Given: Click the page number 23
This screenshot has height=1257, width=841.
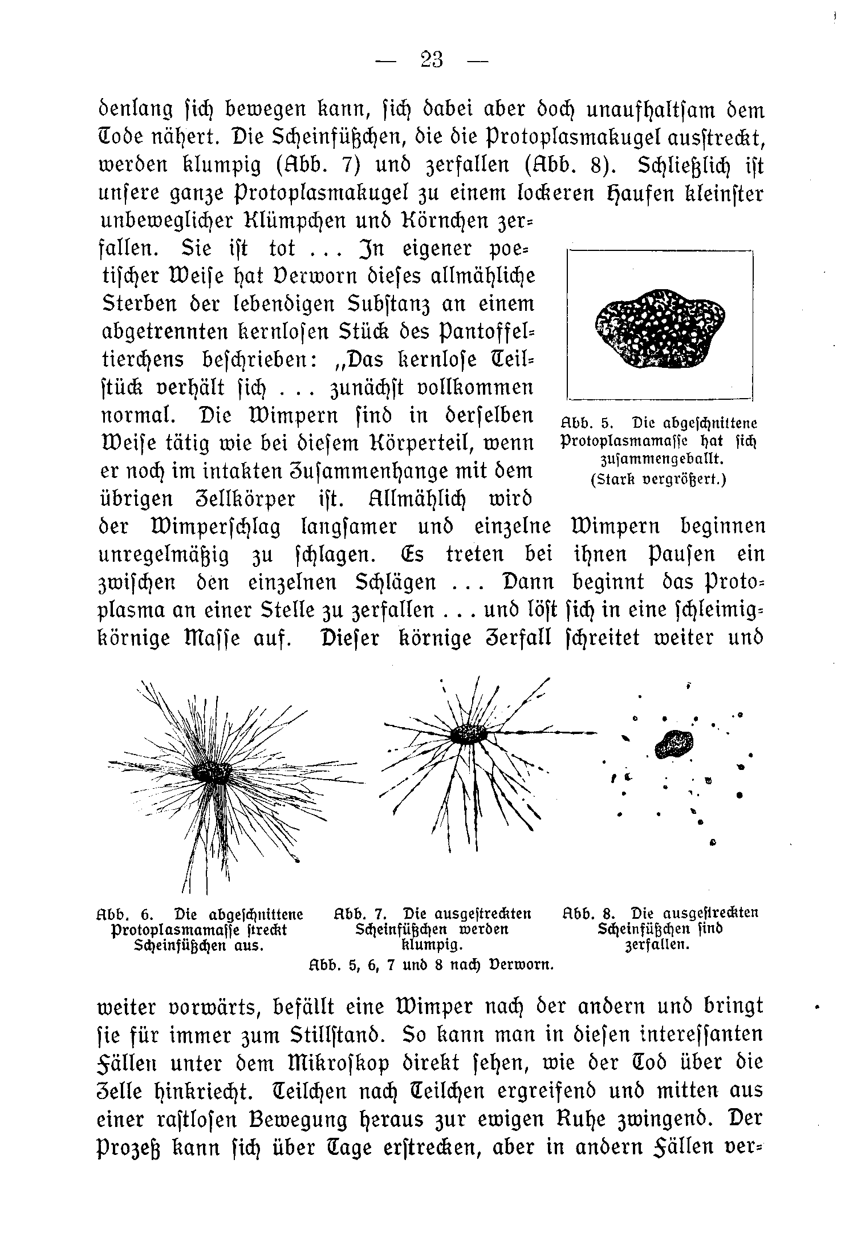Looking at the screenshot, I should (431, 59).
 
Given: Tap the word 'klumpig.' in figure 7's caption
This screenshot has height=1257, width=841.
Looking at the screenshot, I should (432, 945).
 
